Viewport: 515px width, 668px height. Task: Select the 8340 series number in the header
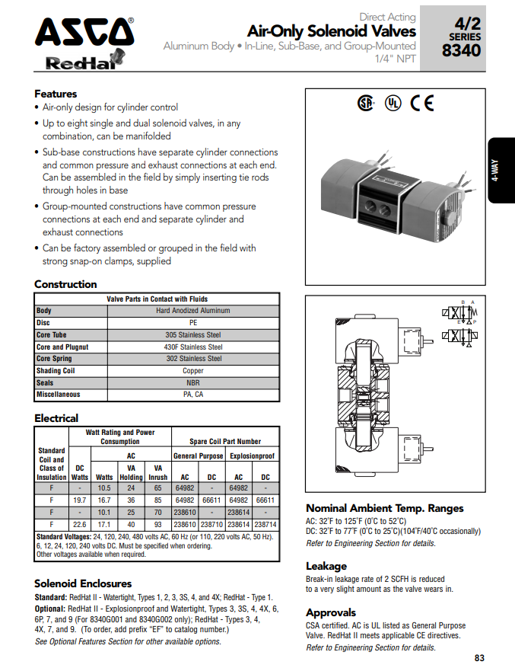click(463, 50)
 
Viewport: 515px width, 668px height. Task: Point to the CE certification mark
click(421, 103)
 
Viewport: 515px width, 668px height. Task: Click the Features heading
click(56, 94)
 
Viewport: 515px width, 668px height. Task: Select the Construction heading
click(65, 284)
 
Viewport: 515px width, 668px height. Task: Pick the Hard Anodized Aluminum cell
click(193, 311)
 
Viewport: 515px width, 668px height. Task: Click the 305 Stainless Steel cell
click(193, 334)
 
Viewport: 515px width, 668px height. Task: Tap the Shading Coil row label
click(56, 371)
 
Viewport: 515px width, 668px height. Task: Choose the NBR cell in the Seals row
click(193, 382)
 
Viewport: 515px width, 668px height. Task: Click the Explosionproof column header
click(252, 455)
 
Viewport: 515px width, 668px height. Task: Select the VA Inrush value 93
click(157, 525)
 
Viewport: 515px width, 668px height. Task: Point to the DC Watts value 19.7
click(78, 500)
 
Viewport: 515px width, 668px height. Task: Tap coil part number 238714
click(265, 525)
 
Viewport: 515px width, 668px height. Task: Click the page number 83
click(478, 658)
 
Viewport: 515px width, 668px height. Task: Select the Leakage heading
click(326, 566)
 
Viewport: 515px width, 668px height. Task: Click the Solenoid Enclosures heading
click(83, 583)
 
